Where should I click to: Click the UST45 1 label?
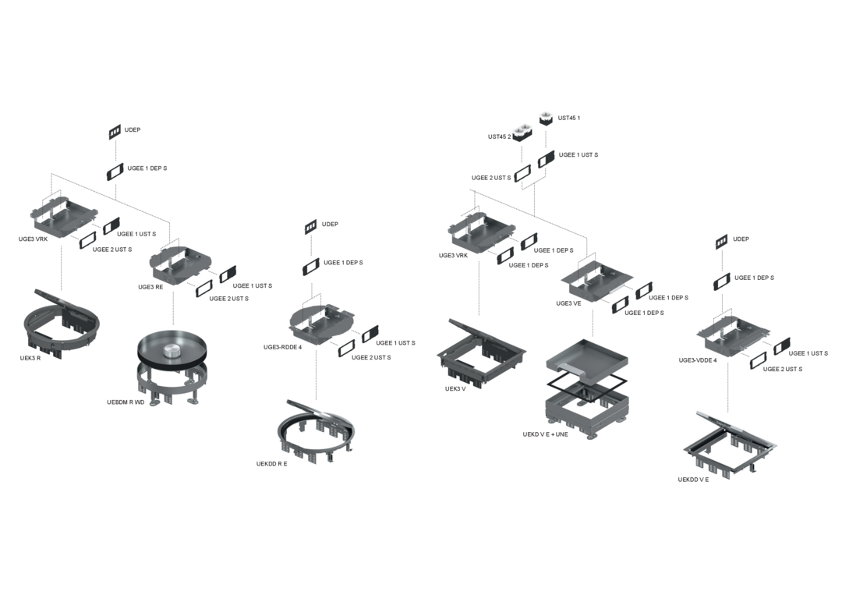click(x=568, y=118)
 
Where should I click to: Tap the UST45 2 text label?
click(x=500, y=137)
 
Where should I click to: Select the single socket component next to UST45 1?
click(x=546, y=118)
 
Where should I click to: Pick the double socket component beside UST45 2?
click(x=522, y=133)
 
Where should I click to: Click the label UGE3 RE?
click(x=150, y=287)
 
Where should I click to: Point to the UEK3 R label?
click(x=30, y=358)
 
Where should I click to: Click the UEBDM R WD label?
click(x=126, y=402)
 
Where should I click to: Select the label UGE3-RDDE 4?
click(x=282, y=348)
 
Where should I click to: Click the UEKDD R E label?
click(x=272, y=464)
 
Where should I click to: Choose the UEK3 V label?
click(x=455, y=389)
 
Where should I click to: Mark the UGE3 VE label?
click(x=568, y=304)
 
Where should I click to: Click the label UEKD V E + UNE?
click(x=545, y=434)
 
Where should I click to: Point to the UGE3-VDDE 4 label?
click(x=698, y=360)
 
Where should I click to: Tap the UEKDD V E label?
click(x=693, y=480)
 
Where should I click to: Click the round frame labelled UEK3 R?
click(x=32, y=327)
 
